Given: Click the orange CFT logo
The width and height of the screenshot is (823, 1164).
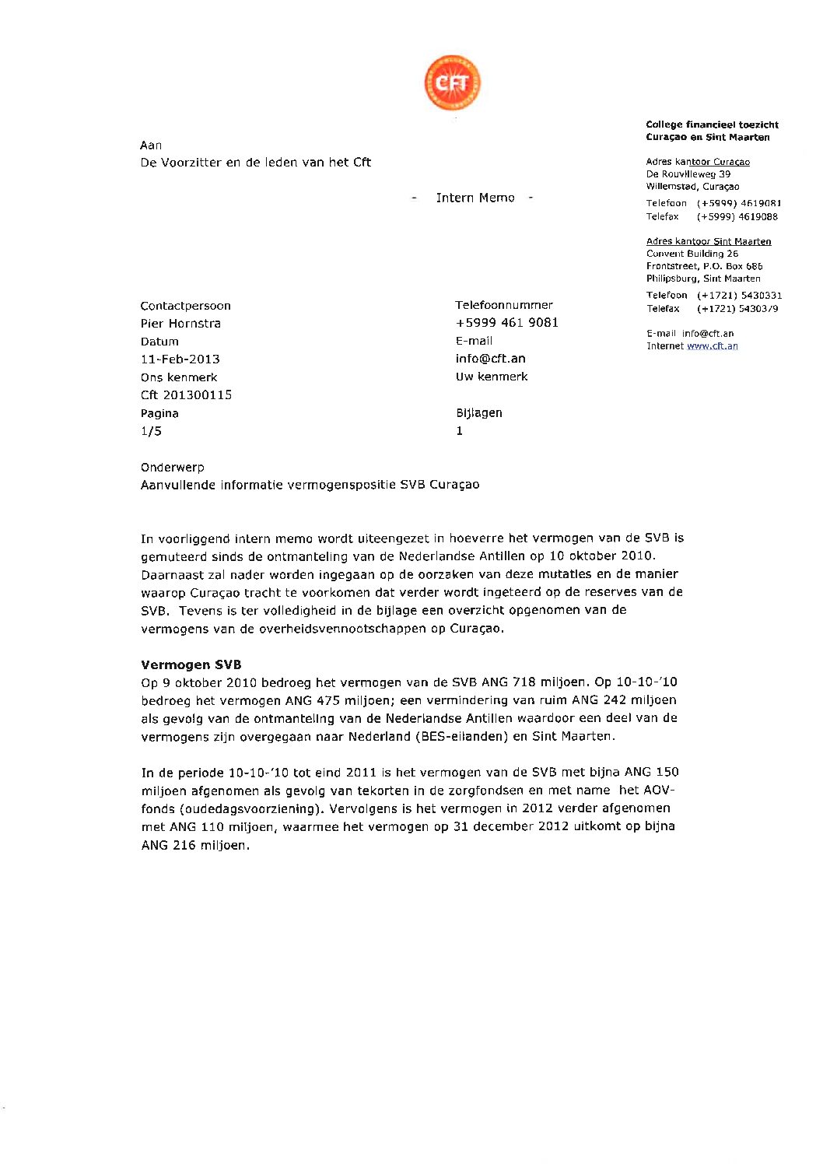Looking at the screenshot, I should coord(452,82).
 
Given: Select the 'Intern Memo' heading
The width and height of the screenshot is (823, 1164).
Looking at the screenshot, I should coord(475,198).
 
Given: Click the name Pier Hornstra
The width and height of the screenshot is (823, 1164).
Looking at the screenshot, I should coord(180,324).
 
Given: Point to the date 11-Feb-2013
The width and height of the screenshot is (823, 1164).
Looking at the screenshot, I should coord(180,359).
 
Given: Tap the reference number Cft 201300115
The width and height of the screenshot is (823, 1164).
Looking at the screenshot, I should coord(186,395).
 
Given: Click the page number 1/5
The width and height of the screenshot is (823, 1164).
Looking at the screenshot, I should coord(151,431).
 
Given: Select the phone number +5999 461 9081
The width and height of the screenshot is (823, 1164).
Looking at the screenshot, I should coord(506,323).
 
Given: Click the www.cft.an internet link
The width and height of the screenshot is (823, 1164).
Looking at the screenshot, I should coord(712,346).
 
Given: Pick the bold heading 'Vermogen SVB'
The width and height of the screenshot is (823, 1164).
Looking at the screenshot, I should coord(191,664).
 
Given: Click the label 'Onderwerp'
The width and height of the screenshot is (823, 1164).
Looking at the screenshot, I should coord(172,468).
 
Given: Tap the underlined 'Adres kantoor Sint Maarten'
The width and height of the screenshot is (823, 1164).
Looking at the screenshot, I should coord(708,241).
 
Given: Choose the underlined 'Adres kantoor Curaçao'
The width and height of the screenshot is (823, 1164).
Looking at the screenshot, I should coord(698,162).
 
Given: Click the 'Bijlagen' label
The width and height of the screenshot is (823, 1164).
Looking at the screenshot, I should coord(478,413).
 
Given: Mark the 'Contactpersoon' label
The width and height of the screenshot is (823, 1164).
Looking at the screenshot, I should coord(185,306).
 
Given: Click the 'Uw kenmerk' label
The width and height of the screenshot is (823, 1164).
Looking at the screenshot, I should coord(491,377).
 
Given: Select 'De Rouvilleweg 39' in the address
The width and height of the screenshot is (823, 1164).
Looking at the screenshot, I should coord(688,174).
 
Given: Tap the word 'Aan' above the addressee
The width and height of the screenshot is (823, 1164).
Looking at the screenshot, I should coord(151,145).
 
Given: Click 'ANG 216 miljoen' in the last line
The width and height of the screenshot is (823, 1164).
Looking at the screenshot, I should coord(194,845).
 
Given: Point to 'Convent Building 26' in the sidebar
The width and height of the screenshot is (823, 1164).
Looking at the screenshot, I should coord(692,254).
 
